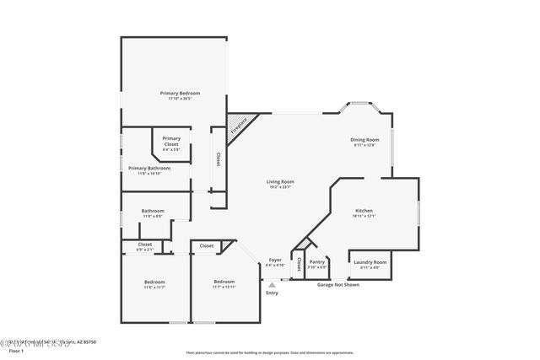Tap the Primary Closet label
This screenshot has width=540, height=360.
(171, 140)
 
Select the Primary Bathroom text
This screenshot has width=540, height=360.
(150, 168)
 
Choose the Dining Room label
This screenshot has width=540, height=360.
(364, 139)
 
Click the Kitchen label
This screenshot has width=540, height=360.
(364, 211)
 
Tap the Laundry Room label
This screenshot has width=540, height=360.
(370, 262)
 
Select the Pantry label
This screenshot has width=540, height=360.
(316, 262)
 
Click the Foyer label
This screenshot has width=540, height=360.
(275, 260)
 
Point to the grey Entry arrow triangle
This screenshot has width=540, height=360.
(272, 285)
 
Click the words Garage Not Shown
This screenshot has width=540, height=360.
(337, 285)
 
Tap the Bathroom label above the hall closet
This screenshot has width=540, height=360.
(153, 211)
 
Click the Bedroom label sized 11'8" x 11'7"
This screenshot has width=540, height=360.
(154, 282)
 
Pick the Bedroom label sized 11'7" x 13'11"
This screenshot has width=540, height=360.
(224, 282)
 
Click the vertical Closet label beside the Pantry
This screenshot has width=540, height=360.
(298, 262)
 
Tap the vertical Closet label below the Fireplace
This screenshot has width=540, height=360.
(218, 159)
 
